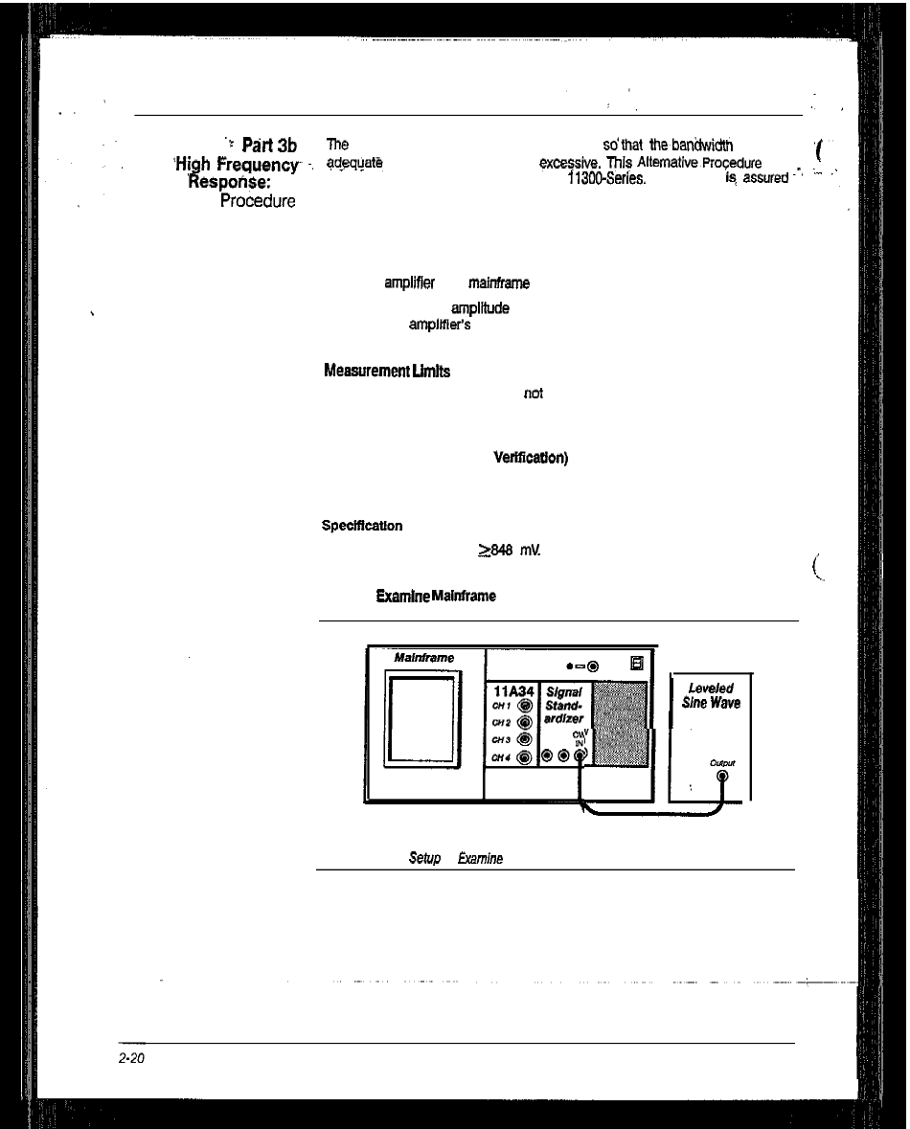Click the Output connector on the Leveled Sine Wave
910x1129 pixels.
721,777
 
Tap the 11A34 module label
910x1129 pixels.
514,689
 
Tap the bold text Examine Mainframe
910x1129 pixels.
436,596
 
